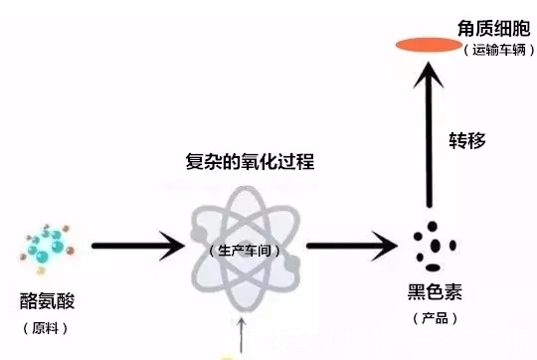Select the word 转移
467,139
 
